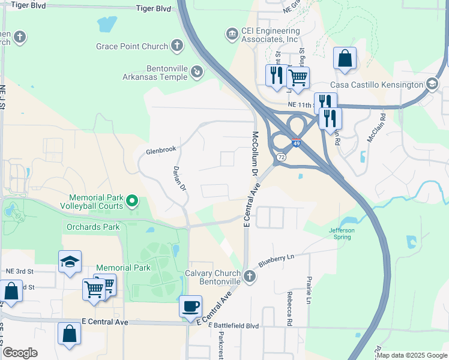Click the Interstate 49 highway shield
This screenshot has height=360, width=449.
297,143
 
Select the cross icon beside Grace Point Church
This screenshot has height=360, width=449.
176,45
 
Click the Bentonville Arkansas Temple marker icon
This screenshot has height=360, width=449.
196,73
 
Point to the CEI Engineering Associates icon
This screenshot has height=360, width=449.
232,34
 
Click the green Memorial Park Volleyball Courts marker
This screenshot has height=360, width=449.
134,200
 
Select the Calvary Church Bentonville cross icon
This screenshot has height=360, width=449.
250,276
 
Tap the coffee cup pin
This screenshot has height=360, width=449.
190,307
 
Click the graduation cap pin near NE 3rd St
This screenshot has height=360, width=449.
70,262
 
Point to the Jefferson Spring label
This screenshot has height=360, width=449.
342,233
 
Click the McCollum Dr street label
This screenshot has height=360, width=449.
255,154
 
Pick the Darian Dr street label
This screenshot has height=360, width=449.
178,179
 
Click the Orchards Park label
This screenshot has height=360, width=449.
93,227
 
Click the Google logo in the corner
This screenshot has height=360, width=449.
20,353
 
